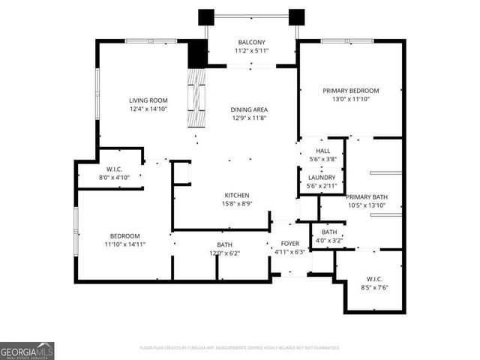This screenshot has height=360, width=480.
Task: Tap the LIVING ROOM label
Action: click(x=148, y=100)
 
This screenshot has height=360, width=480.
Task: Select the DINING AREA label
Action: click(x=249, y=109)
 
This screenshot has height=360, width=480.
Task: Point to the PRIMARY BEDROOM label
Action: click(x=351, y=91)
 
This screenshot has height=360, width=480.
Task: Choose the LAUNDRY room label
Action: click(x=322, y=177)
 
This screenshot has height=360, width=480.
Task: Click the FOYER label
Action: click(x=290, y=244)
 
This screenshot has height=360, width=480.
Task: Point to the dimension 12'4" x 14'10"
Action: click(x=148, y=109)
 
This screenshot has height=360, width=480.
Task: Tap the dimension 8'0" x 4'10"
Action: click(x=115, y=177)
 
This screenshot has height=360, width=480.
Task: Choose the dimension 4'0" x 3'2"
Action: click(x=329, y=240)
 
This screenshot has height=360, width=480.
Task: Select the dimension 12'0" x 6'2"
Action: click(x=225, y=253)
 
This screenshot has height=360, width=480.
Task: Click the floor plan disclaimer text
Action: click(x=240, y=348)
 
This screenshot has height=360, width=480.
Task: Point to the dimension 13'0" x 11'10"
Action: click(x=351, y=99)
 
